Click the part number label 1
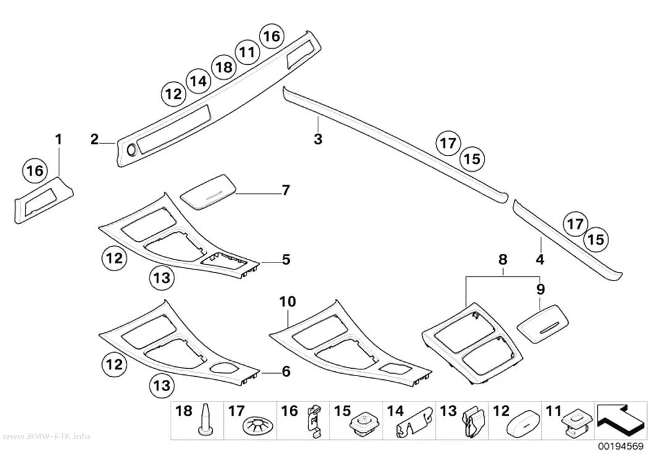(x=59, y=140)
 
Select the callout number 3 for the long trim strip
(x=318, y=139)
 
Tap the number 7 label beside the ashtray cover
(x=286, y=190)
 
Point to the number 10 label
(x=287, y=302)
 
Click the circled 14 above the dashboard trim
(x=198, y=81)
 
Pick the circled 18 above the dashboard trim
(x=224, y=67)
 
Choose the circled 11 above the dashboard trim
(x=247, y=53)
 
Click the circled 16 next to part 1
(x=35, y=170)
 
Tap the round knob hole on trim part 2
(x=132, y=151)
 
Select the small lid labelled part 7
(x=209, y=192)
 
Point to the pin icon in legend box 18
(x=206, y=419)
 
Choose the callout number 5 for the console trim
(x=286, y=259)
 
